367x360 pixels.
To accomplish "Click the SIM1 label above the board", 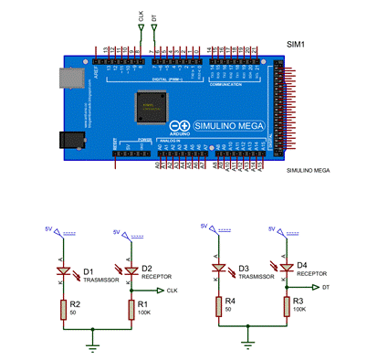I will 298,43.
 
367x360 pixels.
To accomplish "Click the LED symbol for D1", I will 64,271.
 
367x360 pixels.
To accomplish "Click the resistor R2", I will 64,311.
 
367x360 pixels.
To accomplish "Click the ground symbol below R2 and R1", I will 91,346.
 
